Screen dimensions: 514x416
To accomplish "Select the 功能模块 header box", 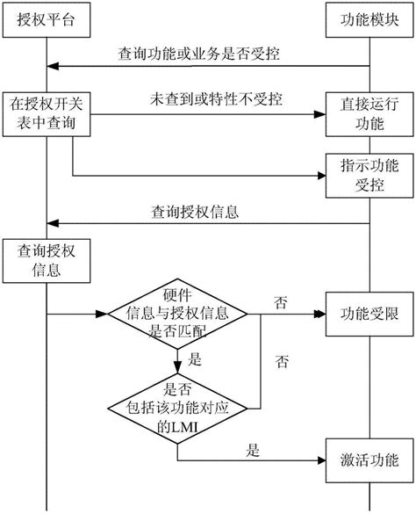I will point(367,19).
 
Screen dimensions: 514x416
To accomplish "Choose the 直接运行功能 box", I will point(367,113).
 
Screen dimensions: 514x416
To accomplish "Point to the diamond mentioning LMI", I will point(178,405).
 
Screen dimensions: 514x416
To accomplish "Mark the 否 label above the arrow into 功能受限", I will point(281,301).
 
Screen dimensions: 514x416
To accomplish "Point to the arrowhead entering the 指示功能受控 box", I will point(320,175).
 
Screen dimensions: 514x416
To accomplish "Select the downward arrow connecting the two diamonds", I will point(178,360).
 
